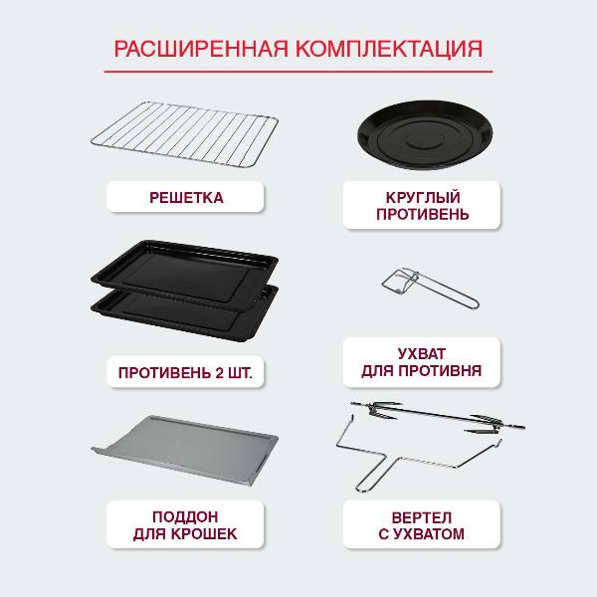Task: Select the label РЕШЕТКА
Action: coord(186,198)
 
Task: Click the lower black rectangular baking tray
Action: coord(189,316)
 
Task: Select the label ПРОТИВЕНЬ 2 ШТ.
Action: coord(186,375)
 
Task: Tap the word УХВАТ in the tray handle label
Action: coord(412,353)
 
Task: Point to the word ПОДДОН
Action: coord(186,516)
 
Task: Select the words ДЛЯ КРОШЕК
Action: coord(186,534)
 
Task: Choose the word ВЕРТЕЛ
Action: coord(412,517)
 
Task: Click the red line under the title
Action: coord(298,72)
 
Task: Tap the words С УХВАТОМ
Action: coord(412,535)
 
